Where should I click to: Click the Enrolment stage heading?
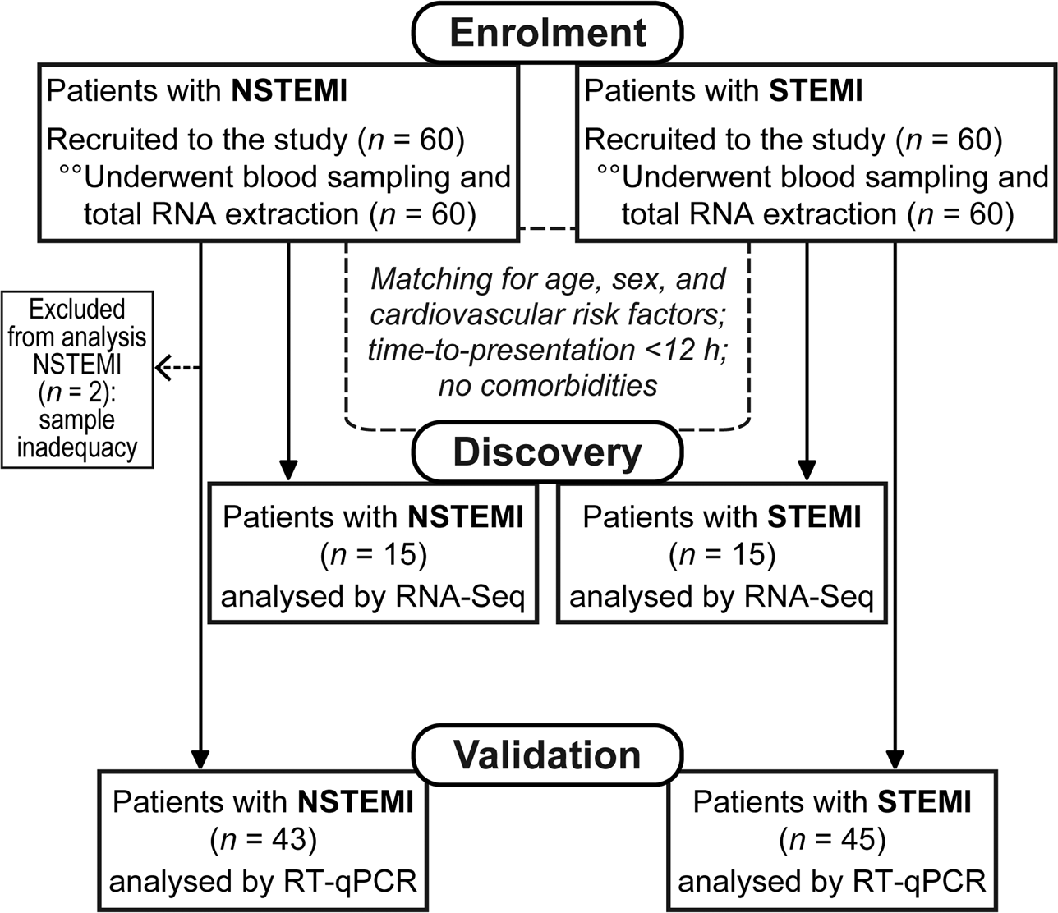pyautogui.click(x=548, y=33)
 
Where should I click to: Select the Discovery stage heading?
pyautogui.click(x=547, y=452)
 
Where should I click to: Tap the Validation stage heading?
pyautogui.click(x=547, y=755)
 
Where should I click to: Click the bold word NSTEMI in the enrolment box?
pyautogui.click(x=290, y=91)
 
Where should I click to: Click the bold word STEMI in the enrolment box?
pyautogui.click(x=816, y=91)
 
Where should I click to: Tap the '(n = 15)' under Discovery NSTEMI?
pyautogui.click(x=373, y=556)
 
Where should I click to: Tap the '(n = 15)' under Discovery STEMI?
pyautogui.click(x=722, y=556)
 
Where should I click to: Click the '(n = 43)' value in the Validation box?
pyautogui.click(x=263, y=839)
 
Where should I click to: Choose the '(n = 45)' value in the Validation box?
pyautogui.click(x=831, y=839)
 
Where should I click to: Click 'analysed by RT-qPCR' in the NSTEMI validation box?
pyautogui.click(x=263, y=881)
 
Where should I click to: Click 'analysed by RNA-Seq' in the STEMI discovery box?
pyautogui.click(x=722, y=596)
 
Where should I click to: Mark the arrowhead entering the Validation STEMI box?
pyautogui.click(x=895, y=759)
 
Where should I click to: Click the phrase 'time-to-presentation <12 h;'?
pyautogui.click(x=547, y=351)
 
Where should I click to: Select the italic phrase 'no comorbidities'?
pyautogui.click(x=547, y=385)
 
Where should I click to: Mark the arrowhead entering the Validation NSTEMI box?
pyautogui.click(x=200, y=759)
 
